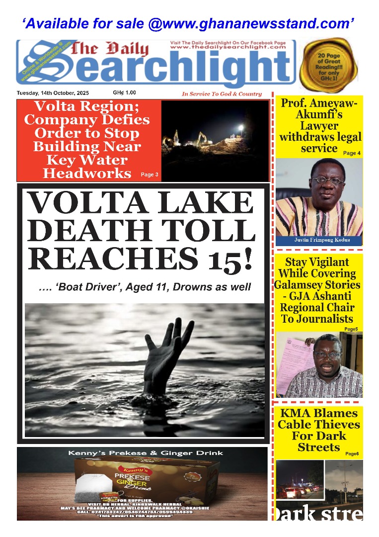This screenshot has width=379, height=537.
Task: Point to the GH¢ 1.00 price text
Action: tap(124, 92)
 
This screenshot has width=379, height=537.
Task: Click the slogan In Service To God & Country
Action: tap(222, 94)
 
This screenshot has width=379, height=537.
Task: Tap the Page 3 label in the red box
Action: tap(150, 175)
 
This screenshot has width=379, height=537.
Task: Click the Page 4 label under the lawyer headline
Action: tap(352, 153)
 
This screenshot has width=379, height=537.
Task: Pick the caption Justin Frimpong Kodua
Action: tap(319, 240)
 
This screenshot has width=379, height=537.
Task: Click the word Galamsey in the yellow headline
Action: tap(298, 285)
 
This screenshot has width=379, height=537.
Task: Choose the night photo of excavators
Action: tap(215, 140)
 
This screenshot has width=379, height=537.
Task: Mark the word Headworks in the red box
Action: tap(87, 173)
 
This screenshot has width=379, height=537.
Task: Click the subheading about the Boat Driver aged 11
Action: tap(145, 287)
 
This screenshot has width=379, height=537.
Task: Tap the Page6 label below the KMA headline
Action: tap(351, 454)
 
